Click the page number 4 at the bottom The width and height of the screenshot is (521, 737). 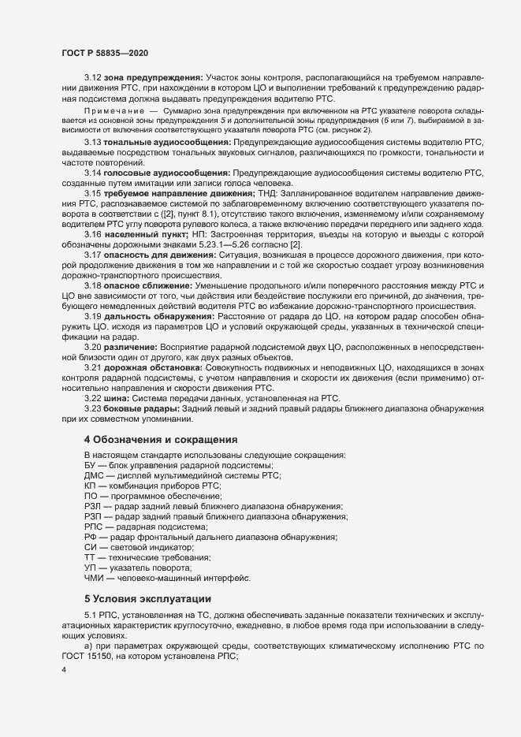(x=63, y=671)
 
